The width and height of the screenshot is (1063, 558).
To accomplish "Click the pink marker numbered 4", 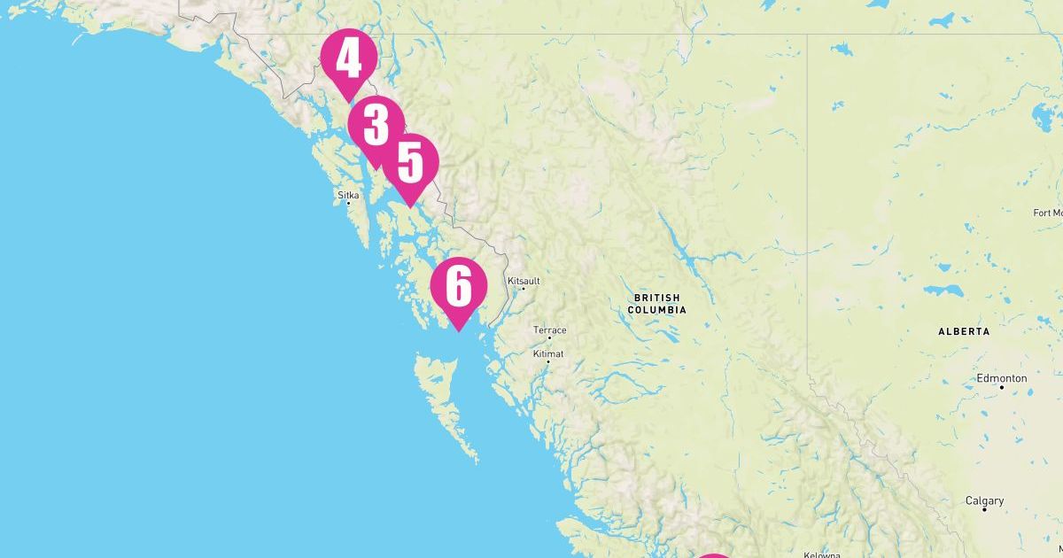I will (349, 59).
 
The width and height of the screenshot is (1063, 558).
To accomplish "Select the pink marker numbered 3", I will (376, 126).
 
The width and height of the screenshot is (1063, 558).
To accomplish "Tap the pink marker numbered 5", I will (410, 163).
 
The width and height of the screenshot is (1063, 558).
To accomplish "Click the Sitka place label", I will (348, 194).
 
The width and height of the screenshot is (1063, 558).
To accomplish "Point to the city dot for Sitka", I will (348, 204).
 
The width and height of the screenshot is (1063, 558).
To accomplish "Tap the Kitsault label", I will (524, 281).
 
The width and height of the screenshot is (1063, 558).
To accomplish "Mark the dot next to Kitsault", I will (523, 289).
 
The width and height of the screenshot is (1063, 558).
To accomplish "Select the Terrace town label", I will (549, 330).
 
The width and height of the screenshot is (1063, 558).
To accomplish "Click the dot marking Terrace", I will (549, 337).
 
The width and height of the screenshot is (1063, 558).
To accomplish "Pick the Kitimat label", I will (547, 353).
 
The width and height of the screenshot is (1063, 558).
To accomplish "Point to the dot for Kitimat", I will (548, 361).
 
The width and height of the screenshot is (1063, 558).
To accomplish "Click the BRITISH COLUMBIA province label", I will (656, 304).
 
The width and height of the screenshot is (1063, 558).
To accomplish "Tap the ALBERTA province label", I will (964, 331).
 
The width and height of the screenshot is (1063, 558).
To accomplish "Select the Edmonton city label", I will (1002, 378).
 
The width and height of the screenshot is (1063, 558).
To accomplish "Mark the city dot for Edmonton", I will (1002, 387).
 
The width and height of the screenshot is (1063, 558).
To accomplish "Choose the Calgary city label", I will (984, 500).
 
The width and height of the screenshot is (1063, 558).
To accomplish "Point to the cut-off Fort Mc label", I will (1048, 213).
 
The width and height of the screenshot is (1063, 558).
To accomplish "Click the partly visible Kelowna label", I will (820, 554).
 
